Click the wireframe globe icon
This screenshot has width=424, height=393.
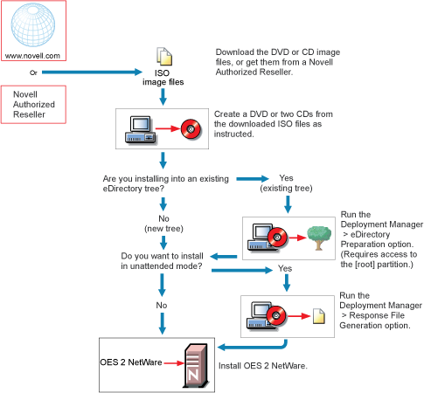[33, 24]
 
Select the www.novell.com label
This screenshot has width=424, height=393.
[32, 56]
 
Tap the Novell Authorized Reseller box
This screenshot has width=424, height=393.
[33, 105]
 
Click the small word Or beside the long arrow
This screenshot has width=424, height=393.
[33, 72]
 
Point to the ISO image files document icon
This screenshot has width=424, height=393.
[164, 57]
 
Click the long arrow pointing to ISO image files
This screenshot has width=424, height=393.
[92, 72]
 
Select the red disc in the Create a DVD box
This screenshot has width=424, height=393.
[191, 128]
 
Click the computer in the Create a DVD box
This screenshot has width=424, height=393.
[141, 130]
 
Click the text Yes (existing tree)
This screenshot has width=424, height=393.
[286, 183]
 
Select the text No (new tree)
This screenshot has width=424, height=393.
[163, 224]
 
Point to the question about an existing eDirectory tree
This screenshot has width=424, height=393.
[166, 183]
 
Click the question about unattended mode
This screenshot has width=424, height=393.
[162, 261]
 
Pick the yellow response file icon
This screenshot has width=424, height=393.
[319, 316]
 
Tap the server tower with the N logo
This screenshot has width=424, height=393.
[196, 365]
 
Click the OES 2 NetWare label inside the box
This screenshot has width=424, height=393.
[131, 362]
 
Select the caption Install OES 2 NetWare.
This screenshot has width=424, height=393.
[263, 366]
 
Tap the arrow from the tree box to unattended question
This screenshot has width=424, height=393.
[224, 257]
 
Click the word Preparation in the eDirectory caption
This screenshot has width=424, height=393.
[358, 245]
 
